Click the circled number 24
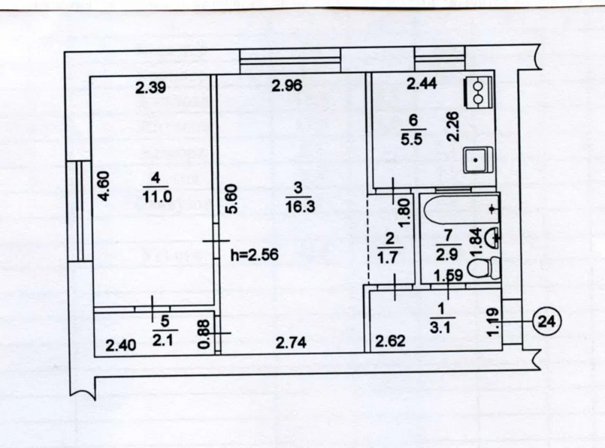pyautogui.click(x=548, y=319)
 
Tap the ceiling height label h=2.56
pyautogui.click(x=254, y=255)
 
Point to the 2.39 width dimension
pyautogui.click(x=149, y=88)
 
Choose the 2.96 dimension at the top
pyautogui.click(x=286, y=86)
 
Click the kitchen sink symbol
pyautogui.click(x=479, y=161)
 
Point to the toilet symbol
pyautogui.click(x=488, y=267)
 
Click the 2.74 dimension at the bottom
pyautogui.click(x=291, y=343)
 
